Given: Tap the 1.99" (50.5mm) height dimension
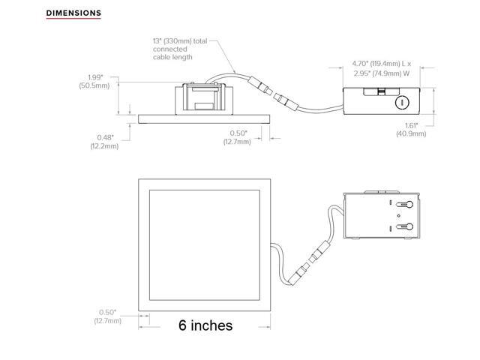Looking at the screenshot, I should click(94, 82).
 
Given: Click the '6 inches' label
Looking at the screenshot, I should click(205, 325).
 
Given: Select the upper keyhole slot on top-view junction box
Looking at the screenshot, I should click(404, 205).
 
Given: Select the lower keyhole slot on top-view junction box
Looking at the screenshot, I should click(404, 226).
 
